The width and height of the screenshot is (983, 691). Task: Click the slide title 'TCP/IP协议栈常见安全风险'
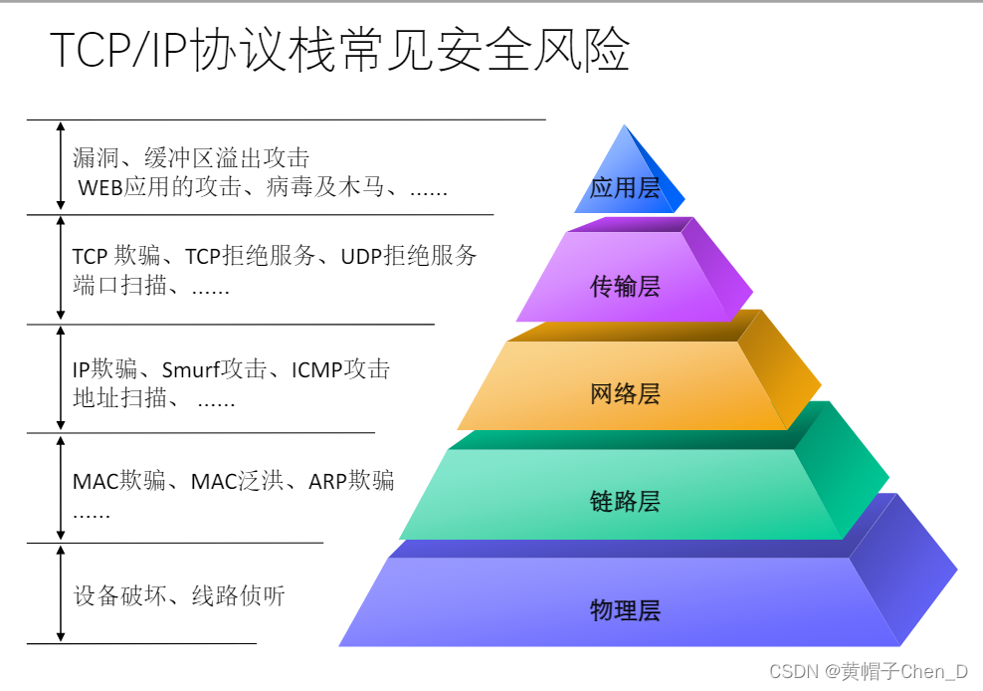(x=339, y=51)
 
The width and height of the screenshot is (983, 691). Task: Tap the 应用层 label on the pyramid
(x=625, y=188)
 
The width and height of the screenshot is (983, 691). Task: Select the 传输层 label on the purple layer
(x=625, y=287)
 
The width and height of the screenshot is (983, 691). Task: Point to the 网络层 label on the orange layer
(x=625, y=393)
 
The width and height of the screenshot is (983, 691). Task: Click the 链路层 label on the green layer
(x=625, y=501)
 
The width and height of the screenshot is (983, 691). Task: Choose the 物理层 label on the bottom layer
(x=625, y=610)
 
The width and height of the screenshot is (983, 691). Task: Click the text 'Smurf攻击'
(x=214, y=369)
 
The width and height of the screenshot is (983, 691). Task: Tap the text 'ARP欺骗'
(x=351, y=482)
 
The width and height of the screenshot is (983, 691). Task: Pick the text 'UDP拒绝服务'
(x=409, y=256)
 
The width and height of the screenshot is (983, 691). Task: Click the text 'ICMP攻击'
(x=340, y=369)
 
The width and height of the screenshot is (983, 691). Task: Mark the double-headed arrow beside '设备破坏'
(x=61, y=593)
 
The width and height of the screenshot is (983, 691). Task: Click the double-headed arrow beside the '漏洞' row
(x=61, y=166)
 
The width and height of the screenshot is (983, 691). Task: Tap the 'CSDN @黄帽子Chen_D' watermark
(x=870, y=671)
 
